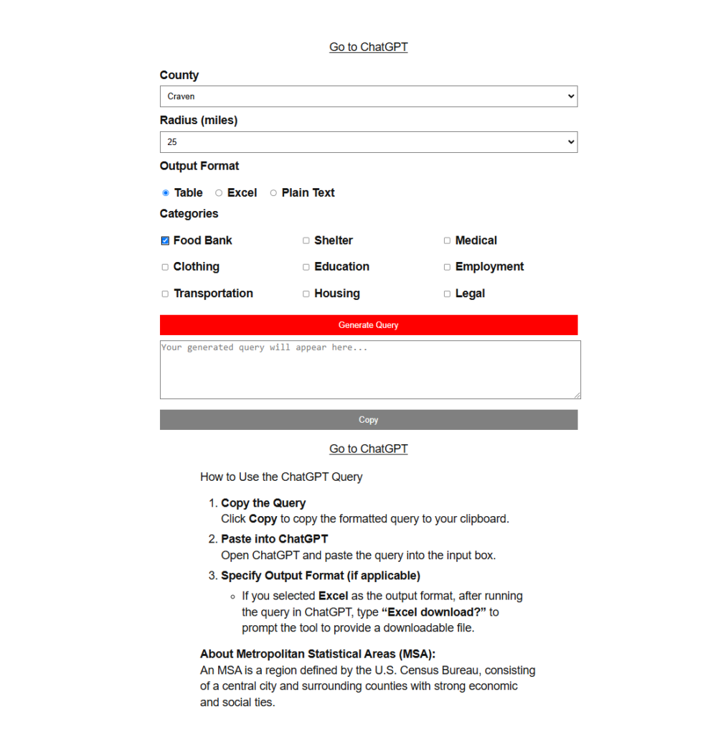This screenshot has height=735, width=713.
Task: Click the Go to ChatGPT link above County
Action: coord(368,47)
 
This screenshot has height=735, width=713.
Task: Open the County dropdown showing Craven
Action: coord(368,96)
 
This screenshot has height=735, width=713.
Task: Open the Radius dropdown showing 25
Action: coord(368,142)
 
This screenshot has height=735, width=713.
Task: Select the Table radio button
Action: coord(166,193)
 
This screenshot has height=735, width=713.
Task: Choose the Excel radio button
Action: coord(219,193)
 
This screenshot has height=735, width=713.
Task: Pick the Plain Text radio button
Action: coord(273,193)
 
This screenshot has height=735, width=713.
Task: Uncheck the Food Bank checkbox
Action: coord(165,241)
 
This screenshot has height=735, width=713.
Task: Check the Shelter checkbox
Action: coord(306,241)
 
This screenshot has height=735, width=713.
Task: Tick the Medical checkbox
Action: coord(447,241)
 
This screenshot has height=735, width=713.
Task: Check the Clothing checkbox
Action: coord(165,267)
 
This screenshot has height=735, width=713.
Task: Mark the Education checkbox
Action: coord(306,267)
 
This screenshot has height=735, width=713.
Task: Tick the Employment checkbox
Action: coord(447,267)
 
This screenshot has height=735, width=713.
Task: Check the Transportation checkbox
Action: coord(165,294)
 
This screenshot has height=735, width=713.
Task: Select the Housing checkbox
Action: coord(306,294)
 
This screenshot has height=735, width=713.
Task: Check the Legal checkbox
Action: coord(447,294)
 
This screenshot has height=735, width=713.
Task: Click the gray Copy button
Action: coord(368,420)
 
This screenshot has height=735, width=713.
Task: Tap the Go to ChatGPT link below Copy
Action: coord(368,449)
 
